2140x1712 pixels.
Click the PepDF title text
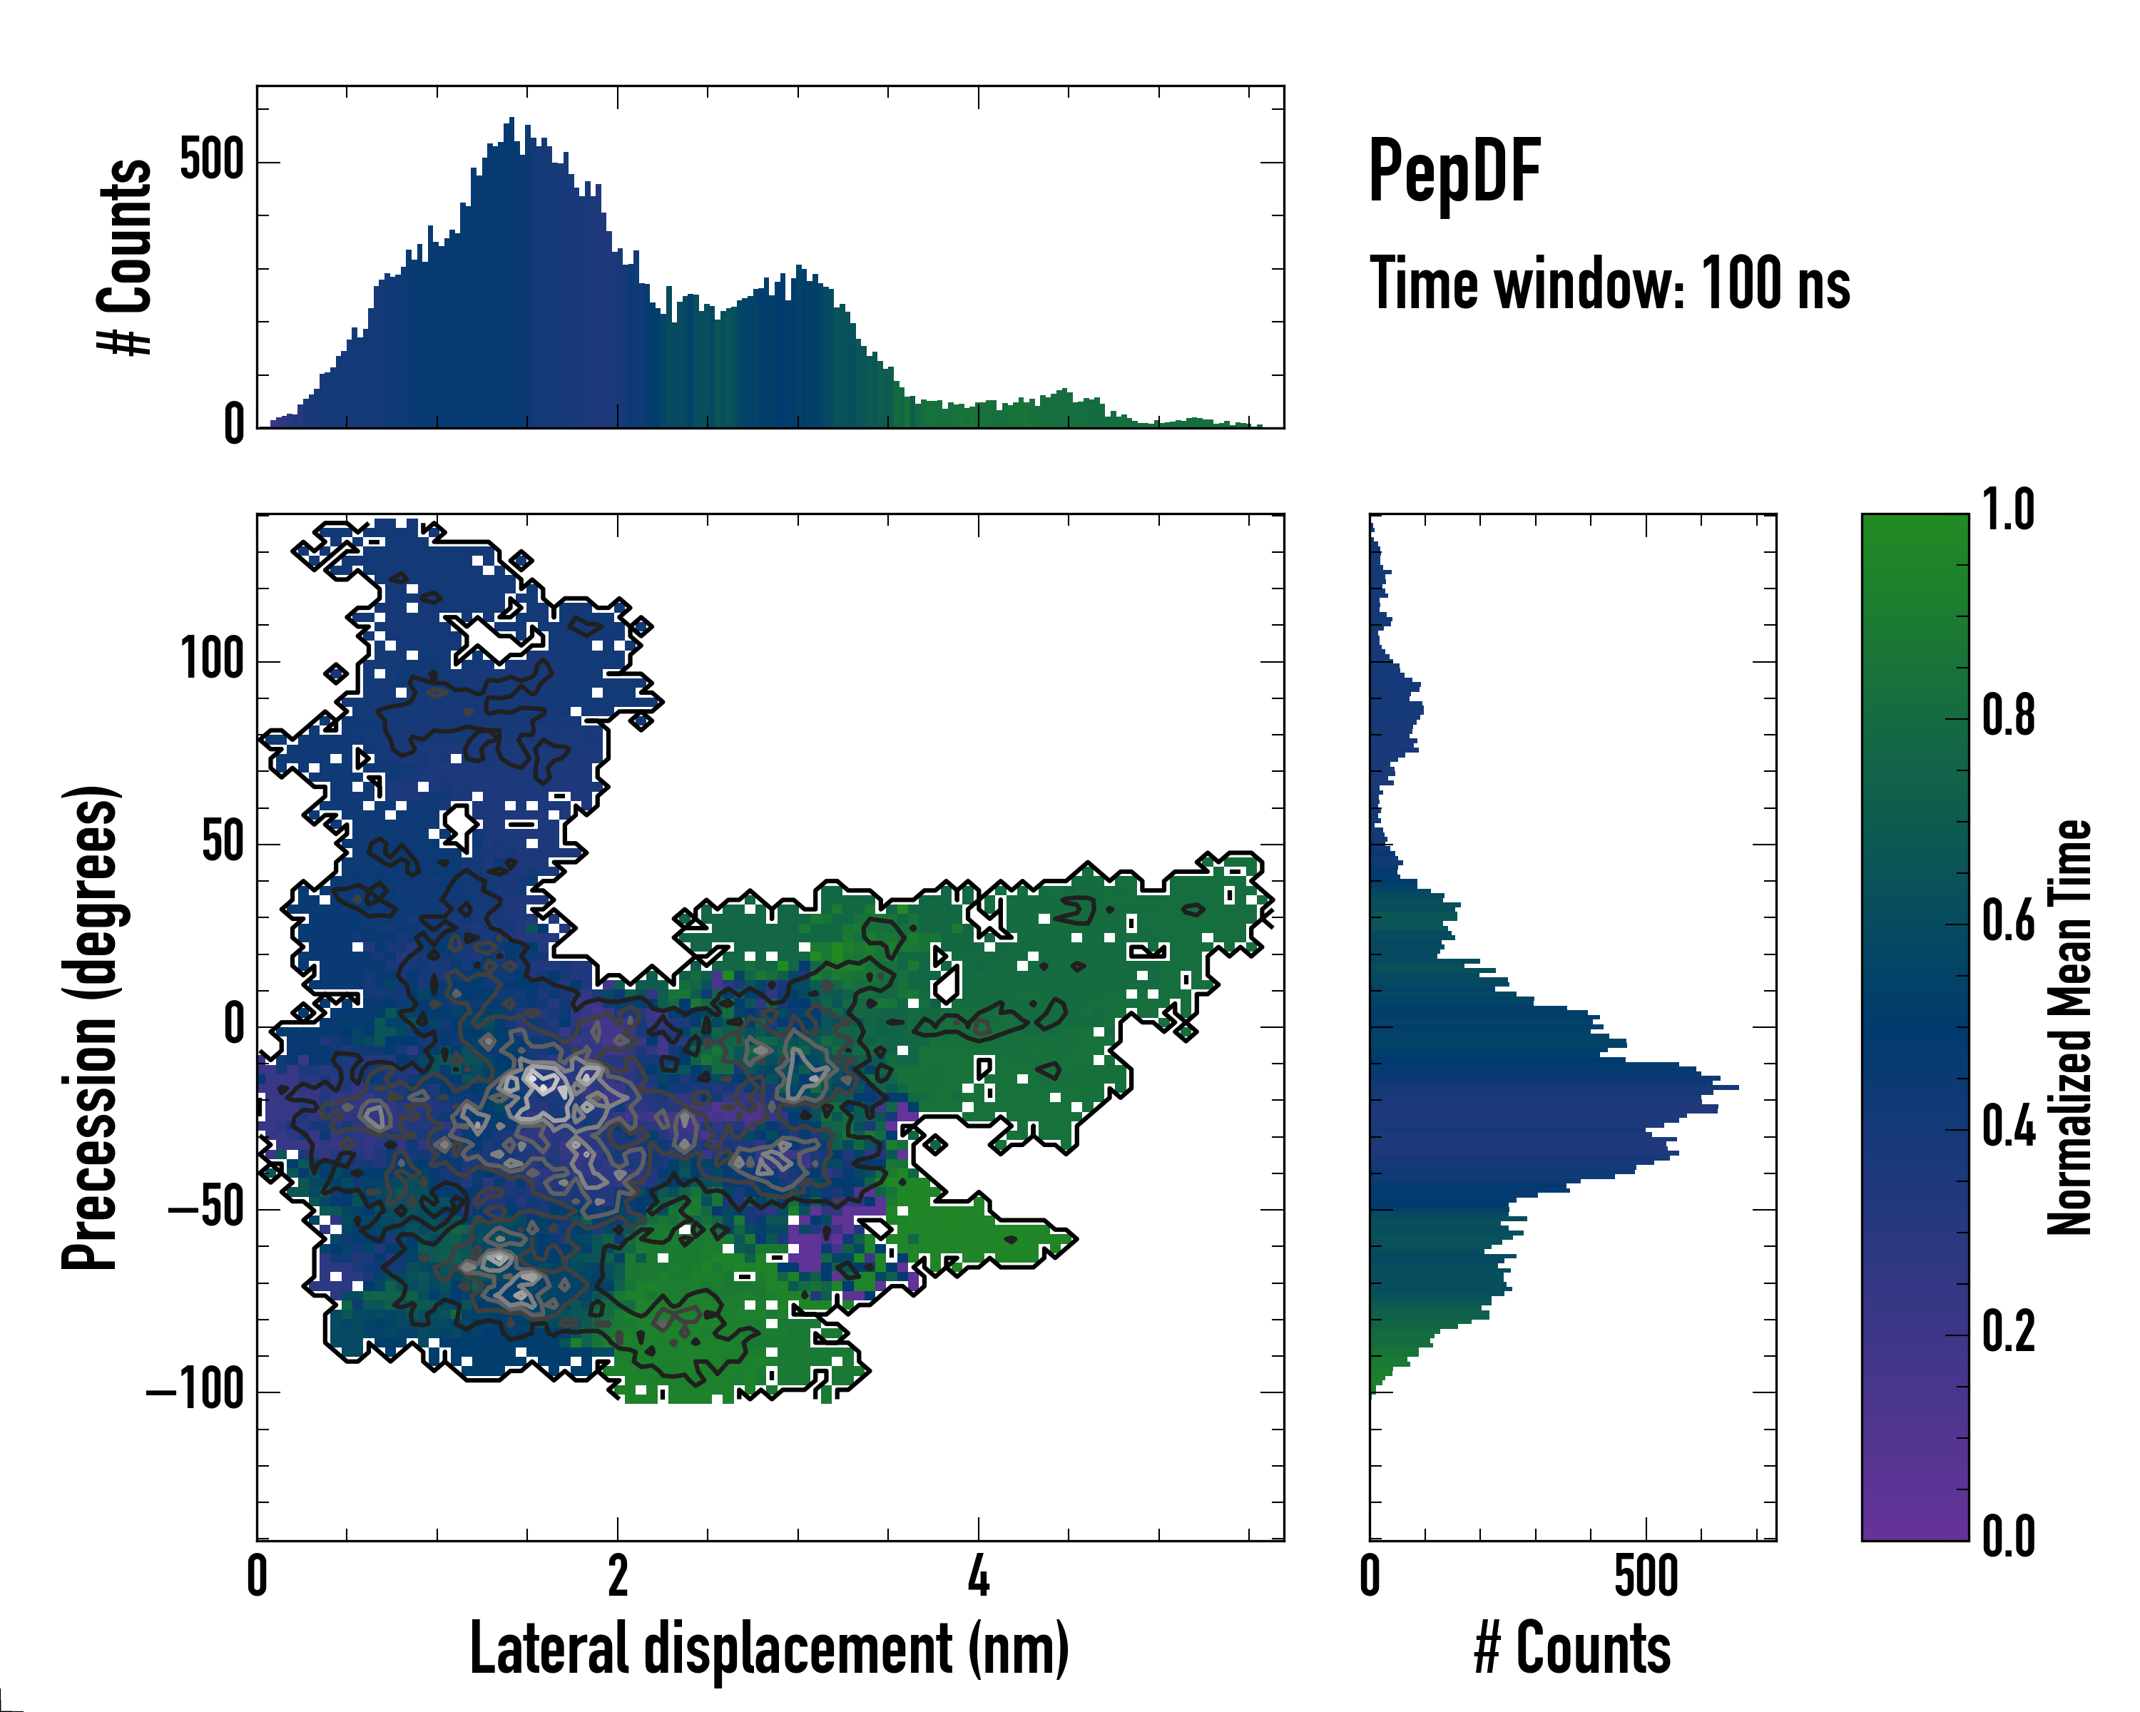click(1454, 172)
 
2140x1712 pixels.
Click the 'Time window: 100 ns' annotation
click(1609, 285)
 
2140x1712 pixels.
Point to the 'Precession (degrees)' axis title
click(91, 1027)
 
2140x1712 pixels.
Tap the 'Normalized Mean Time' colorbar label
click(2069, 1027)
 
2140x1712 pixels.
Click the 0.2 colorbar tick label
click(2008, 1332)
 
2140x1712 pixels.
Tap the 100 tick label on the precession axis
click(211, 660)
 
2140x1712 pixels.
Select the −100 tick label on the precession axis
click(195, 1392)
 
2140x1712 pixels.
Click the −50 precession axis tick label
click(205, 1209)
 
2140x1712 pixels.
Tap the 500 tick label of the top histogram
click(211, 160)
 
